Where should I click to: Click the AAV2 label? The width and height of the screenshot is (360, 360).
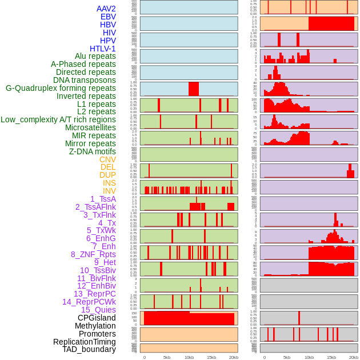[106, 9]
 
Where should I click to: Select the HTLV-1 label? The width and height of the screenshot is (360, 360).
[103, 49]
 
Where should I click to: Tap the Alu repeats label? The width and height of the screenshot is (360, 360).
[95, 57]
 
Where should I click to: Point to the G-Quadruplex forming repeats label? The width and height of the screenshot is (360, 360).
[61, 88]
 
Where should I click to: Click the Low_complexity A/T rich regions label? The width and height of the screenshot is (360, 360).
[58, 119]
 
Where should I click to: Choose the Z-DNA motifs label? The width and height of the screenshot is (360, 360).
[93, 151]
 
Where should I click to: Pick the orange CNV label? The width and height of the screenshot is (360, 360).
[107, 159]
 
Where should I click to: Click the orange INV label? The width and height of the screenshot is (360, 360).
[109, 191]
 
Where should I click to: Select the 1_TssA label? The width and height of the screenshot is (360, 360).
[103, 199]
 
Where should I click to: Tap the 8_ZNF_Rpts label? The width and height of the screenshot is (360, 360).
[93, 254]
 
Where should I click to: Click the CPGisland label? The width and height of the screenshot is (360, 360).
[97, 318]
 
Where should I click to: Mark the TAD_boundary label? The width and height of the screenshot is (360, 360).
[89, 349]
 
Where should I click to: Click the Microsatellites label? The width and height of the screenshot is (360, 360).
[90, 127]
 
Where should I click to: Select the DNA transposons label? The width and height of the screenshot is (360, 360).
[85, 80]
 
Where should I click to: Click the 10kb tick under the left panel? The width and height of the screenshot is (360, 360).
[189, 357]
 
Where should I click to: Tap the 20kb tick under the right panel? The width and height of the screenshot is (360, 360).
[354, 357]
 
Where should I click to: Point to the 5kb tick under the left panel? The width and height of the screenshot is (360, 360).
[167, 357]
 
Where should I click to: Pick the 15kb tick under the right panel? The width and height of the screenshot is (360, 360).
[331, 357]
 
